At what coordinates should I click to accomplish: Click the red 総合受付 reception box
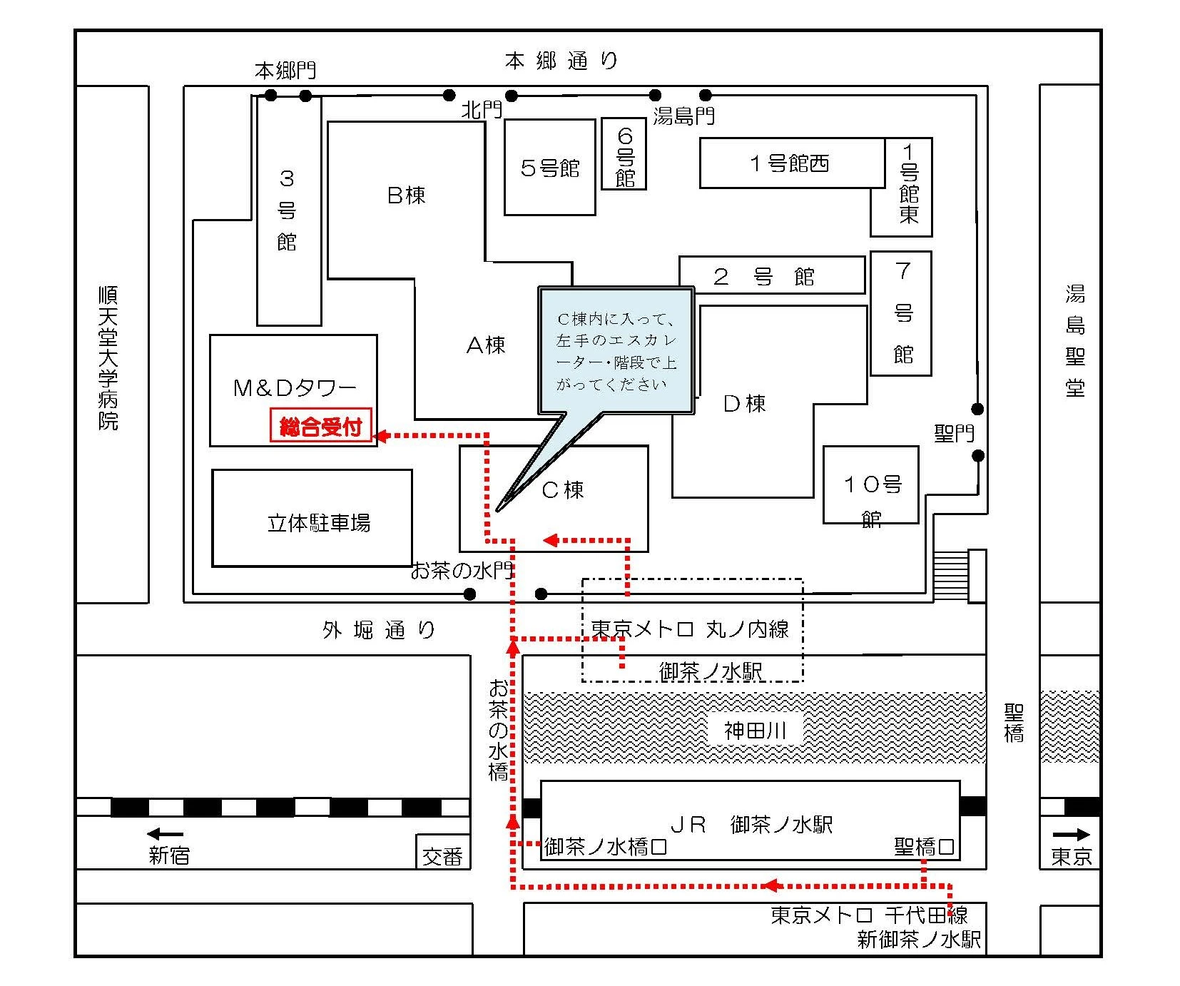[321, 427]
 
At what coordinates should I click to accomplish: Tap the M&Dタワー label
[295, 387]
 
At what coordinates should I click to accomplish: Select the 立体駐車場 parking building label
[319, 523]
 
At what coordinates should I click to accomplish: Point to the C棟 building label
[563, 490]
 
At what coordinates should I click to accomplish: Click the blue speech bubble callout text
[616, 351]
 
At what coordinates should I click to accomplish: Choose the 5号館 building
[549, 168]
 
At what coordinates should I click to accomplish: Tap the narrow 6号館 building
[624, 155]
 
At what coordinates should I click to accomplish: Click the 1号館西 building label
[790, 163]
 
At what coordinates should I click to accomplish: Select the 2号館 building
[771, 275]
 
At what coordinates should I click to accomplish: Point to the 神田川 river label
[755, 730]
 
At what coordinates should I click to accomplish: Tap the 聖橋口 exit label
[924, 846]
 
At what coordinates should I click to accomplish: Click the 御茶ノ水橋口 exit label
[606, 847]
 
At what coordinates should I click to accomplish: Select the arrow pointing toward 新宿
[165, 833]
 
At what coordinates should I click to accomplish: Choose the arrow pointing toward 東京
[1072, 834]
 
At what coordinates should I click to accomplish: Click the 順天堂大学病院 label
[108, 357]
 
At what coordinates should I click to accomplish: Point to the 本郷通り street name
[561, 61]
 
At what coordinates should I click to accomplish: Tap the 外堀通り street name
[379, 630]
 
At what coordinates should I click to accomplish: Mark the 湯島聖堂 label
[1075, 340]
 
